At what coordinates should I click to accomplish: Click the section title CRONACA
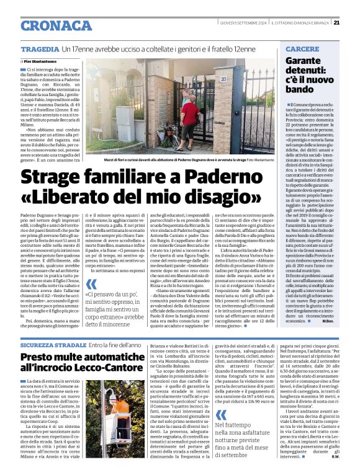tap(56, 25)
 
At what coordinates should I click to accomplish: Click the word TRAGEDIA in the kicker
tap(40, 48)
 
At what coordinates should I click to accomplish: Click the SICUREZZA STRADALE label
tap(53, 344)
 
